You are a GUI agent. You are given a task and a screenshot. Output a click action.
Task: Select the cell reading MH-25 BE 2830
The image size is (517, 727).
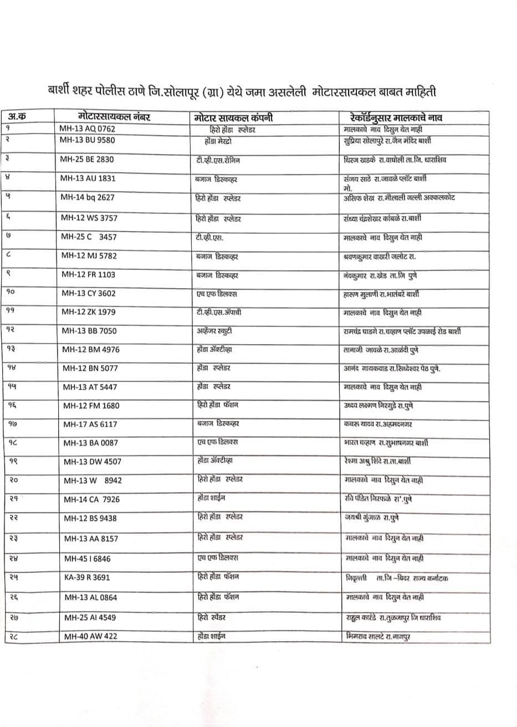click(x=87, y=159)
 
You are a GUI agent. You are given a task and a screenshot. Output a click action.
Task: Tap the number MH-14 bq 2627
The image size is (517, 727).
click(x=88, y=198)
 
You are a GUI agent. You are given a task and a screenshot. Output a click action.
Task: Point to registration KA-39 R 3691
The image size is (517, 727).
click(x=87, y=577)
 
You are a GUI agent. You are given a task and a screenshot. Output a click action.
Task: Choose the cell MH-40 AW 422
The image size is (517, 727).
click(x=90, y=636)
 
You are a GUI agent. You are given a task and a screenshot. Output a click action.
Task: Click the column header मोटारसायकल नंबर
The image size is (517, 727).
click(x=114, y=117)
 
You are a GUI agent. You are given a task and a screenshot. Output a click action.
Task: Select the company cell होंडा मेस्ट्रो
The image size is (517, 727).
click(x=219, y=140)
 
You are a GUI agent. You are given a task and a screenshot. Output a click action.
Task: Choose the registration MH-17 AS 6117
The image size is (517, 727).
click(x=90, y=424)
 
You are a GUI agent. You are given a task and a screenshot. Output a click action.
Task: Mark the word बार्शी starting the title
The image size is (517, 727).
click(x=58, y=91)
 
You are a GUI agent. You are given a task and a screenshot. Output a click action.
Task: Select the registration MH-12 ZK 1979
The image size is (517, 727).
click(x=89, y=312)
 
